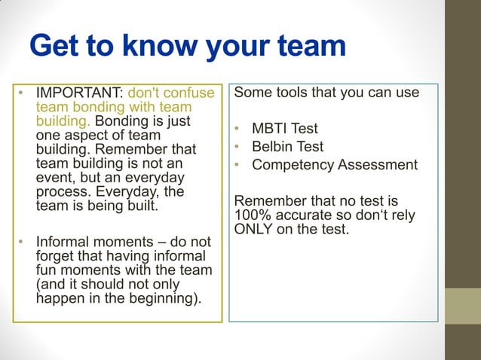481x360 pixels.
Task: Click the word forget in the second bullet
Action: click(x=55, y=257)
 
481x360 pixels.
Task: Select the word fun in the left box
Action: click(x=48, y=270)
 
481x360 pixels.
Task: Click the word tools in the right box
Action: click(x=297, y=93)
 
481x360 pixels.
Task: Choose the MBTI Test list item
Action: click(x=285, y=128)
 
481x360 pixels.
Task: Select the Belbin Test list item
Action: click(x=287, y=146)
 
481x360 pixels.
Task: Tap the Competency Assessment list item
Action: click(x=334, y=164)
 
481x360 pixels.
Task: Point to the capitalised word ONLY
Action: click(x=254, y=229)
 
